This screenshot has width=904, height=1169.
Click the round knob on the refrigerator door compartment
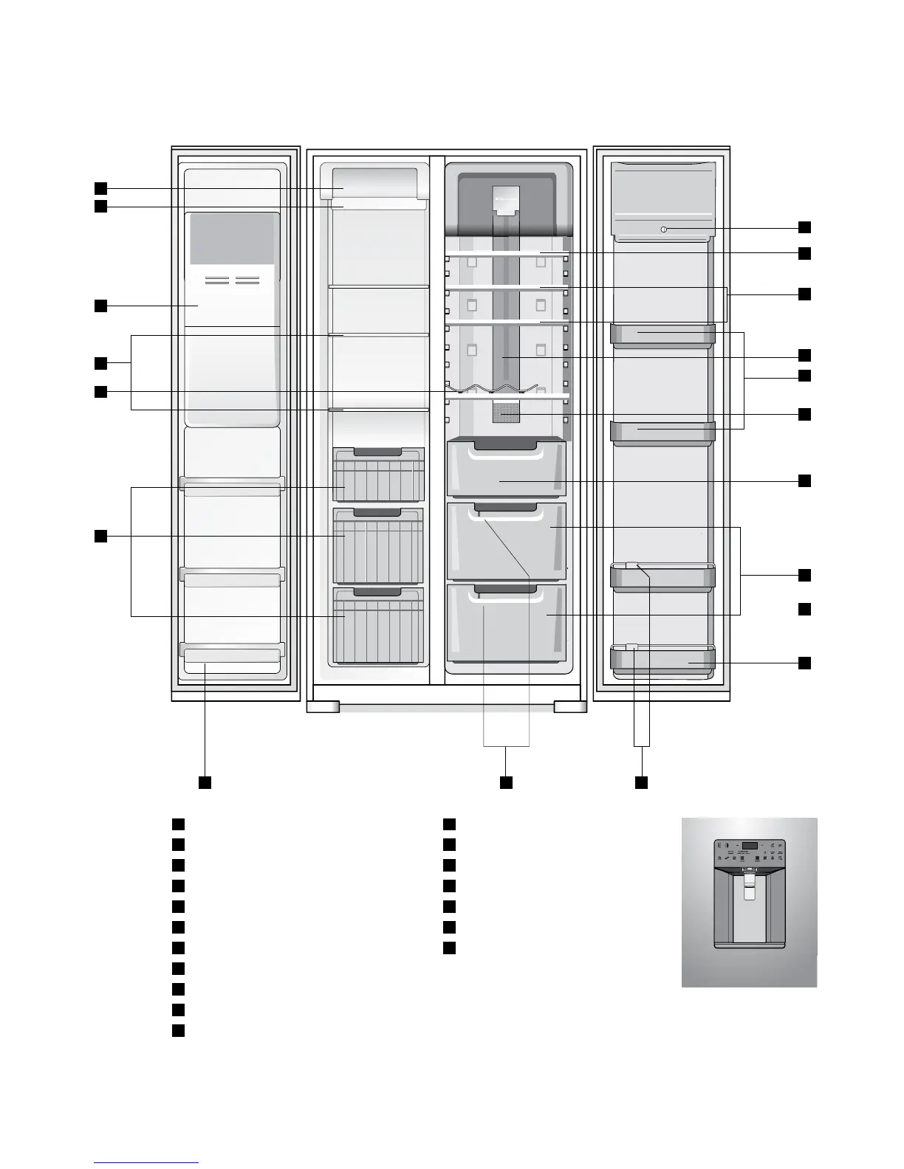tap(663, 230)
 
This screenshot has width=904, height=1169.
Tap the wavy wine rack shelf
tap(491, 389)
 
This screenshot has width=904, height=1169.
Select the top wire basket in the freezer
tap(378, 475)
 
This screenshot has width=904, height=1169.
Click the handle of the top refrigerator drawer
tap(506, 444)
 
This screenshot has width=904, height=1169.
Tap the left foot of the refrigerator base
tap(323, 706)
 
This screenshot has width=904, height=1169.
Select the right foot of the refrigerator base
tap(570, 706)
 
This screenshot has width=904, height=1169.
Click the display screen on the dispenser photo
tap(750, 846)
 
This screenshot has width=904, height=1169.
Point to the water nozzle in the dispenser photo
tap(749, 877)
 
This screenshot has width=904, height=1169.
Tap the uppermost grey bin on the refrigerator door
tap(662, 334)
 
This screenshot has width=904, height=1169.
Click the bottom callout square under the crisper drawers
tap(506, 782)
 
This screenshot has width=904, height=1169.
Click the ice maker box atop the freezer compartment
tap(375, 183)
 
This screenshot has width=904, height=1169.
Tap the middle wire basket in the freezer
tap(378, 546)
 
